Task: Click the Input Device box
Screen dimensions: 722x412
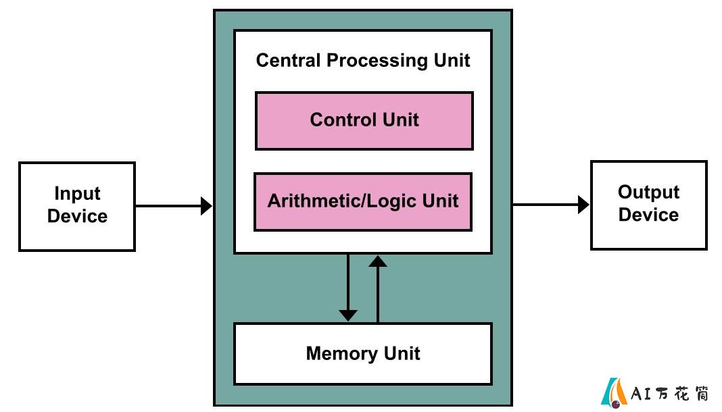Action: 77,207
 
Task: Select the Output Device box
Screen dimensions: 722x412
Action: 649,205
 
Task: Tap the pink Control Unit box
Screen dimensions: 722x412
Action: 364,121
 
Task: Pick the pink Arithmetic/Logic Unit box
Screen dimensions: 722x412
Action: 363,202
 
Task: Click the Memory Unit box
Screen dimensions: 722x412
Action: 363,354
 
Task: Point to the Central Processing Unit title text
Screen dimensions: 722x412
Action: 363,61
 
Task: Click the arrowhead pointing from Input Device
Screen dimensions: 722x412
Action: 206,206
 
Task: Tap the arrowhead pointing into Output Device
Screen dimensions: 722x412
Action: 584,205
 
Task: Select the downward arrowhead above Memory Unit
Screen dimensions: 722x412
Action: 348,315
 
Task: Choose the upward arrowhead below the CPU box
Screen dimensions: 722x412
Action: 378,261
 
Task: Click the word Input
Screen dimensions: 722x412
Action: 77,194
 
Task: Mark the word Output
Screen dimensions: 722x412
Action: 648,192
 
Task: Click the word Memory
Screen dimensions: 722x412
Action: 341,354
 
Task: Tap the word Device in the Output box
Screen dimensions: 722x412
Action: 648,215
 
